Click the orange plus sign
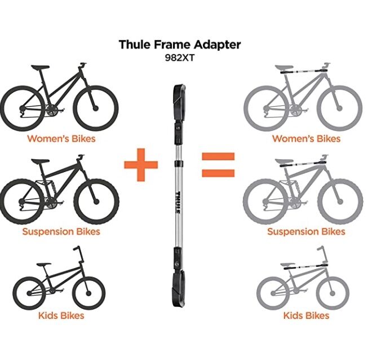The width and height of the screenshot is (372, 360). [141, 165]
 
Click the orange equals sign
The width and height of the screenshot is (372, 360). [218, 165]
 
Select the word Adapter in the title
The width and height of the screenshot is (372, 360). [217, 45]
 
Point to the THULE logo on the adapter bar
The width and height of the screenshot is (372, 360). [178, 202]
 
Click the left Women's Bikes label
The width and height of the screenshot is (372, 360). [61, 138]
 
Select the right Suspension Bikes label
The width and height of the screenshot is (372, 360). [306, 231]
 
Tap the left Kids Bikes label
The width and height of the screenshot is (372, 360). [61, 315]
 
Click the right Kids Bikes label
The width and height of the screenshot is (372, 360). [306, 315]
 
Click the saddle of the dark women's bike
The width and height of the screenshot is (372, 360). [41, 67]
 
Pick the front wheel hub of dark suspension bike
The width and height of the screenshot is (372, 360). [96, 201]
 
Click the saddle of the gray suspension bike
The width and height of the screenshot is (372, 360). [285, 161]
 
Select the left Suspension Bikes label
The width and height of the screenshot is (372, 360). [61, 231]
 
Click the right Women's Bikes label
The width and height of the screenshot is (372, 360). [306, 138]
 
